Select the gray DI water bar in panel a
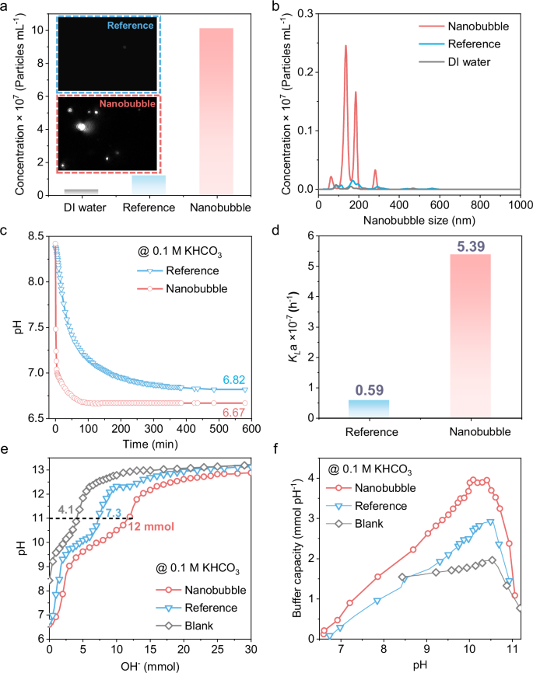(x=81, y=191)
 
